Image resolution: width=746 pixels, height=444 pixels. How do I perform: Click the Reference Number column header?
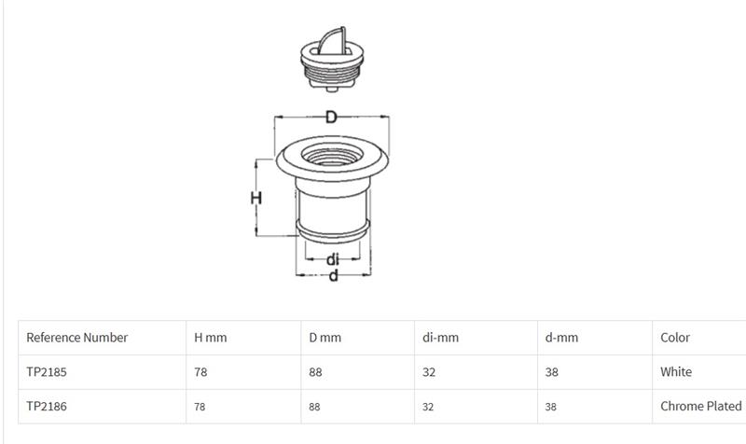coord(77,338)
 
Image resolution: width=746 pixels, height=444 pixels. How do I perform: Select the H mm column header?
coord(211,338)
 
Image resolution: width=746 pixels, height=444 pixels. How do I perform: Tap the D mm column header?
coord(325,338)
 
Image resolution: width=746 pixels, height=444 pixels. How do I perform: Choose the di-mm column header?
coord(440,338)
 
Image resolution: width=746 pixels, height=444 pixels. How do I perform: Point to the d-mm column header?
coord(561,338)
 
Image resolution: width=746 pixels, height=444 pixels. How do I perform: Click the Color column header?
coord(674,338)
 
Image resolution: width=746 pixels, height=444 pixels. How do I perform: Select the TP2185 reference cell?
coord(47,371)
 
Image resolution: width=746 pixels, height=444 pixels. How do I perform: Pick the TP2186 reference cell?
coord(47,406)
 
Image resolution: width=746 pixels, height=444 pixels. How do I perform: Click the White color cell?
coord(676,371)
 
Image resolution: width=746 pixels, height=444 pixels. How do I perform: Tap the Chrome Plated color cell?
coord(701,406)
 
